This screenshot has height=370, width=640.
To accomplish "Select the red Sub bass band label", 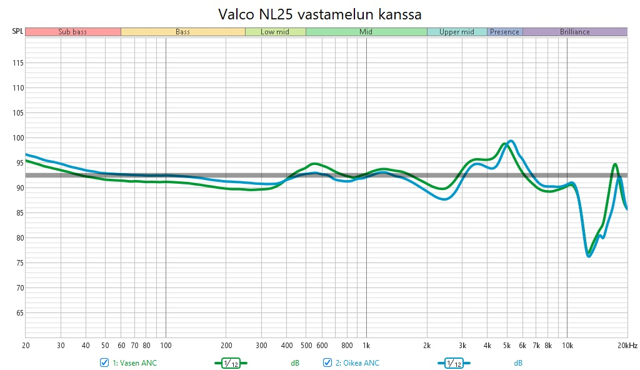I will (x=72, y=32).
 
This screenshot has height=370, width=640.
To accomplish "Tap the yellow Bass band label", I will (x=182, y=32).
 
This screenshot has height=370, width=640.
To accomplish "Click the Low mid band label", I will (x=275, y=32).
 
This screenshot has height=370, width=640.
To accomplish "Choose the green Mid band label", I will (x=366, y=32).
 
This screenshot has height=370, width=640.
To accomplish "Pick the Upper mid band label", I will (x=457, y=32).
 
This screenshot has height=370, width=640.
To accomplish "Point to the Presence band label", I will (x=505, y=32).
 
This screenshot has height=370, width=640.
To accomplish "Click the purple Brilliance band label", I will (x=575, y=32).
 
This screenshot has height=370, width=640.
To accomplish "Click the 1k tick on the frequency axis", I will (x=366, y=345).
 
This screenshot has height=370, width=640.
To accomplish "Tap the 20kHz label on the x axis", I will (x=627, y=345).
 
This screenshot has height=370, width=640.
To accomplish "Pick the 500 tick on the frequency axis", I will (x=306, y=345).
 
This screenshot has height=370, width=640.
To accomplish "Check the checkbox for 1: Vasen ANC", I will (x=104, y=363).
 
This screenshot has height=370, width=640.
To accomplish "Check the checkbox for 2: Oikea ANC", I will (x=327, y=363).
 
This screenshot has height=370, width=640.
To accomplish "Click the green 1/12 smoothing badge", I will (x=231, y=363).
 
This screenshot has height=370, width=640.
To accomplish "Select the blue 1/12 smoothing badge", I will (x=454, y=363).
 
